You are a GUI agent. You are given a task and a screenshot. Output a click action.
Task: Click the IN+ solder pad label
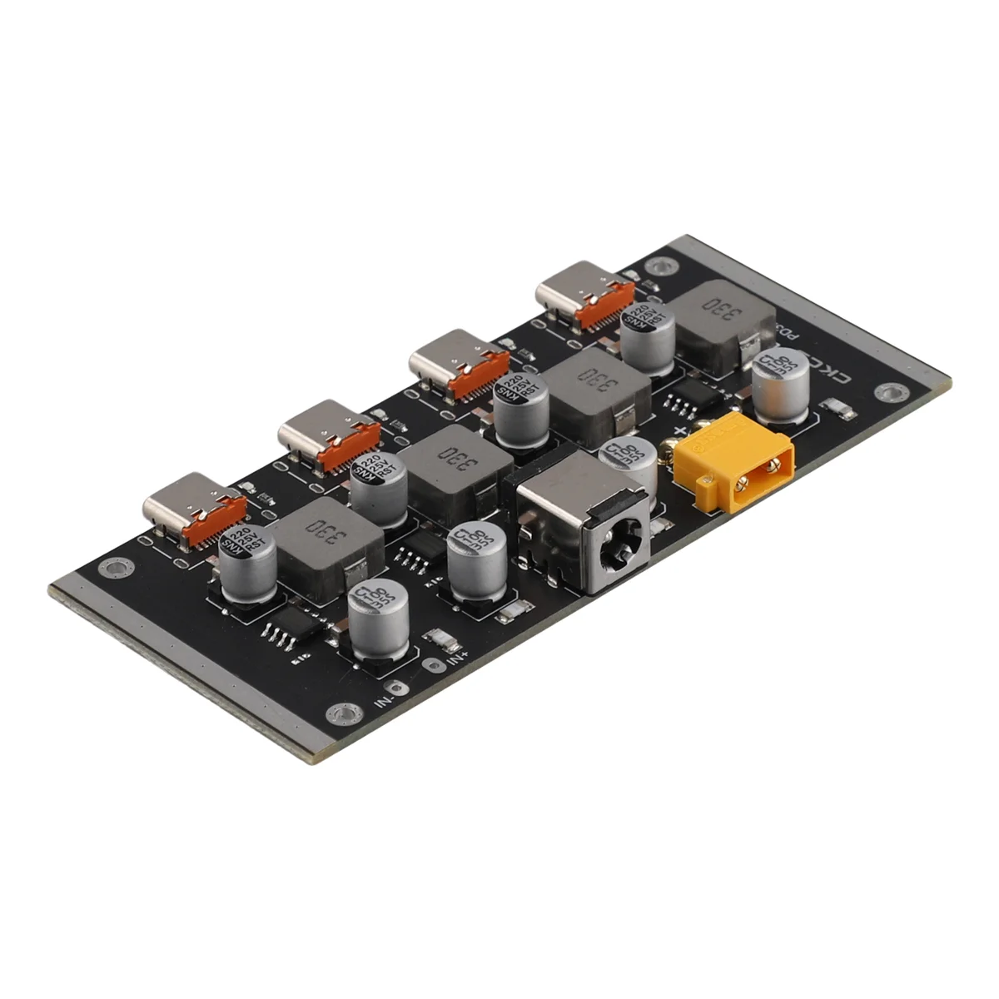(x=459, y=659)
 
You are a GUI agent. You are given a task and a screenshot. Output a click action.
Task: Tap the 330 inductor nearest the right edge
(x=714, y=317)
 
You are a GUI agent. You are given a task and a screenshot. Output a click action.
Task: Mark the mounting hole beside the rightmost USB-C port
(x=661, y=267)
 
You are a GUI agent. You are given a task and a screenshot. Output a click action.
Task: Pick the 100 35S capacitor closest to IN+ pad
(x=379, y=619)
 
